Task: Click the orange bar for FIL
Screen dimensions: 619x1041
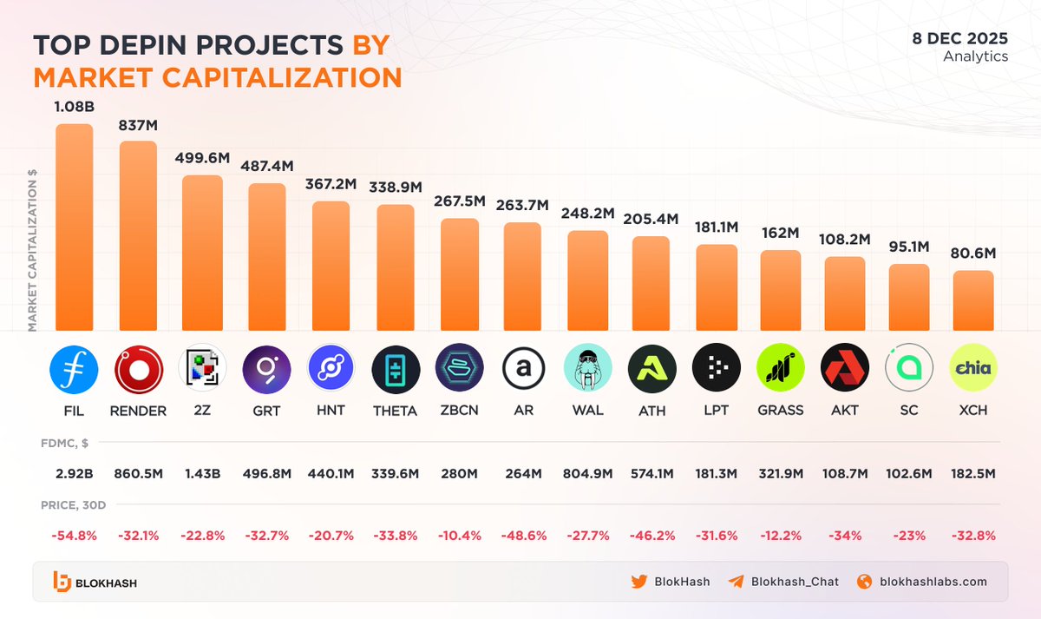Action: click(74, 227)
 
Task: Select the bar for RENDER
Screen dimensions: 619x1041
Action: click(138, 236)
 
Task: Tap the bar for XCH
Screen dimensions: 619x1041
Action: click(973, 300)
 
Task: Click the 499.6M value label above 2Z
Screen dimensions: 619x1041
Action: click(202, 158)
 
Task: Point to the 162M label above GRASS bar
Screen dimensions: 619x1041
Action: click(780, 233)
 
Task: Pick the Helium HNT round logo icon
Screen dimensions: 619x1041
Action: click(331, 369)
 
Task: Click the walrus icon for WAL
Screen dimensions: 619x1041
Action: click(587, 369)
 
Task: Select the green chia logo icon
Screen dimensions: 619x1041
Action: click(973, 369)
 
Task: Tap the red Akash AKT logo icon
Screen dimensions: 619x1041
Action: click(844, 369)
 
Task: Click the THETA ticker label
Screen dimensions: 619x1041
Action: click(395, 411)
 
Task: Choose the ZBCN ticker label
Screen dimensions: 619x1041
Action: click(459, 411)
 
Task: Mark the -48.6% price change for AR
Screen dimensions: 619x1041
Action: click(523, 536)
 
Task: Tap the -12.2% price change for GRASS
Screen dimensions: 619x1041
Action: click(780, 536)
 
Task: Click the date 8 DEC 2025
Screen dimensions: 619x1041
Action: click(959, 38)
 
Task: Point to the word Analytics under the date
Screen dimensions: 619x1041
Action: click(975, 56)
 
